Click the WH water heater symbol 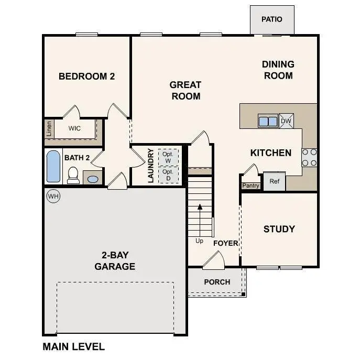coord(53,196)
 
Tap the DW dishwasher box coord(286,121)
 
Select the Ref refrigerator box coord(274,181)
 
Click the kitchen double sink coord(268,121)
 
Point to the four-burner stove coord(309,157)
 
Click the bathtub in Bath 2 coord(53,167)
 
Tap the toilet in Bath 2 coord(73,175)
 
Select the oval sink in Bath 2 coord(92,179)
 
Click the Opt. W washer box coord(168,157)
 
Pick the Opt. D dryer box coord(168,174)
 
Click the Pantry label coord(249,186)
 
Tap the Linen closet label coord(49,128)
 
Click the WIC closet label coord(75,128)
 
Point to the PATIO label coord(271,19)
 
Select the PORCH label coord(217,282)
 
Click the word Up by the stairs coord(200,241)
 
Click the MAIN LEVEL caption coord(73,346)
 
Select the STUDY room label coord(279,229)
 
